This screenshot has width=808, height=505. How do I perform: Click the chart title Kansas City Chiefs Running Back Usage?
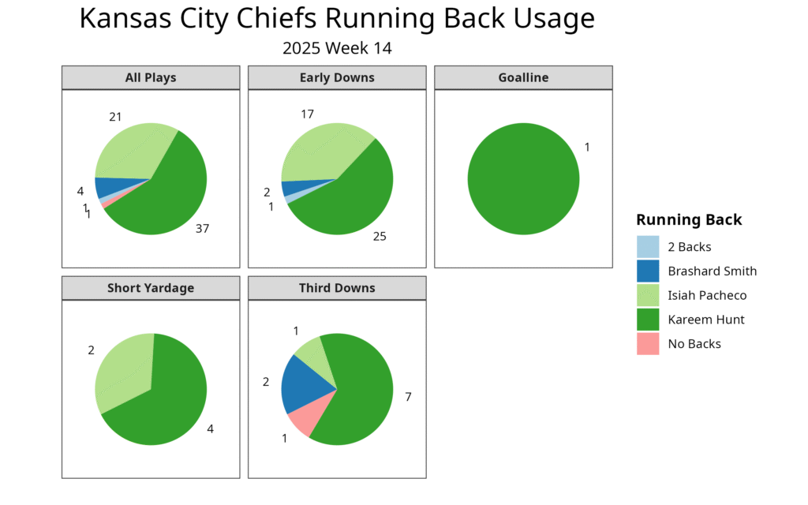[x=337, y=19]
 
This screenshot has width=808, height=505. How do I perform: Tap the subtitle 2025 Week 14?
[x=337, y=48]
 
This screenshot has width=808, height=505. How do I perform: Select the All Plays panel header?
[x=151, y=77]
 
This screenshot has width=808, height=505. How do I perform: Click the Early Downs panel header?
[x=337, y=77]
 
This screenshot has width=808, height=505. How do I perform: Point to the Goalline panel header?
[x=523, y=77]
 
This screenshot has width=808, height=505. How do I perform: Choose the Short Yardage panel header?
[x=151, y=288]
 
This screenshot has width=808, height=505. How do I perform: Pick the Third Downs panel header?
[x=337, y=288]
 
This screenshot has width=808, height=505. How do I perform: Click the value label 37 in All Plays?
[x=203, y=229]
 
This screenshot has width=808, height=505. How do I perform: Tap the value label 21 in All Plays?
[x=115, y=117]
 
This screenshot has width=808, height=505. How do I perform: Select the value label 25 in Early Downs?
[x=380, y=236]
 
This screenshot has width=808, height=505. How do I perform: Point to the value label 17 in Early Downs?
[x=307, y=114]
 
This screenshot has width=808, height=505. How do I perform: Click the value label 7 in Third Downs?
[x=408, y=397]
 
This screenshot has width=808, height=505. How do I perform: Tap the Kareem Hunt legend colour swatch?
[x=648, y=320]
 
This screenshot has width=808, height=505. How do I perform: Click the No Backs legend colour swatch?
[x=648, y=344]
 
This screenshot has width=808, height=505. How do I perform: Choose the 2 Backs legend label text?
[x=689, y=247]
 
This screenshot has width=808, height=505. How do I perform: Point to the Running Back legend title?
[x=689, y=219]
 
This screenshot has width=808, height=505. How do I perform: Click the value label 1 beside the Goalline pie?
[x=587, y=148]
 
